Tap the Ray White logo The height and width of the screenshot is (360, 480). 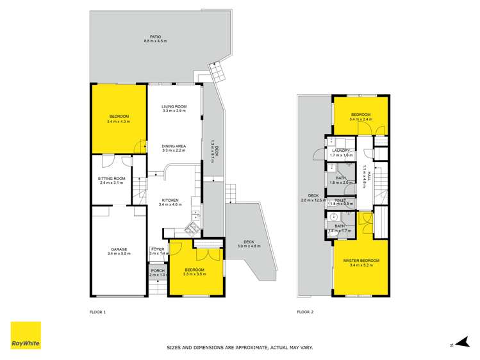26,335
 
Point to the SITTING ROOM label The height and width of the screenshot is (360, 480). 111,179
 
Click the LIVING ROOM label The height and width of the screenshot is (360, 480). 174,106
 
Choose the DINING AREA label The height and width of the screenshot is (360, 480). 174,146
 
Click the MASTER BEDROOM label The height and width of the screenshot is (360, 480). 361,260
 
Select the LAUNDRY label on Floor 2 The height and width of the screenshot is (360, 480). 341,151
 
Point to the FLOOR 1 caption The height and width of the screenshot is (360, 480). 97,312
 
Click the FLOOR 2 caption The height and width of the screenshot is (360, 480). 305,312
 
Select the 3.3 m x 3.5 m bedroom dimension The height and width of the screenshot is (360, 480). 194,274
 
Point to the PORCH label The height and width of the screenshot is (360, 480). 158,270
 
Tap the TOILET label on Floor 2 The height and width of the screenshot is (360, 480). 340,200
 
